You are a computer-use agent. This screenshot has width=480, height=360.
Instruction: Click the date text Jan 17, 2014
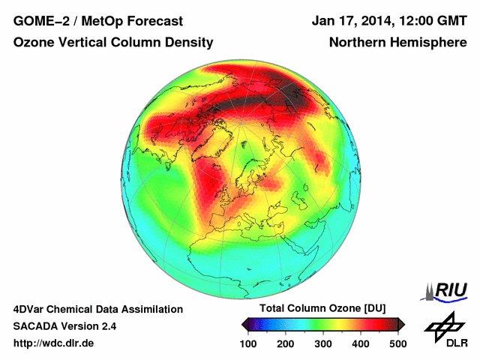click(349, 21)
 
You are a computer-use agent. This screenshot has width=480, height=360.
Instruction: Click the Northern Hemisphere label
click(398, 43)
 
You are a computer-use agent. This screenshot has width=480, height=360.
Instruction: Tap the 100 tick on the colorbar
click(248, 343)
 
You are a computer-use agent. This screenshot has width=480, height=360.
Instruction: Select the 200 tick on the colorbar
click(286, 343)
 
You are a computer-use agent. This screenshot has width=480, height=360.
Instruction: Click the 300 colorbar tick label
click(323, 343)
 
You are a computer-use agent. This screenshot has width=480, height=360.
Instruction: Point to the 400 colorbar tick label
click(361, 343)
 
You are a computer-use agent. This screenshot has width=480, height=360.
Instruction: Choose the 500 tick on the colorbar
click(397, 343)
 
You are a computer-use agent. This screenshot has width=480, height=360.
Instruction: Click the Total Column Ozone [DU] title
click(323, 309)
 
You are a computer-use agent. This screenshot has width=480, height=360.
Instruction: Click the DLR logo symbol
click(443, 324)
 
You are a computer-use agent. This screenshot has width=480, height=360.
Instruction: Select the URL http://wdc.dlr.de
click(54, 343)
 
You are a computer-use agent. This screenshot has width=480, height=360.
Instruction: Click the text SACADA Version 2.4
click(65, 326)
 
